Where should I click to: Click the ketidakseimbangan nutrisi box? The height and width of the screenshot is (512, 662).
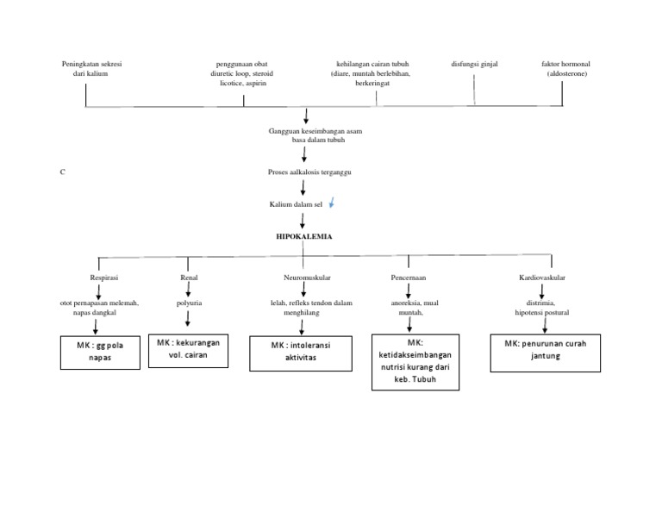415,362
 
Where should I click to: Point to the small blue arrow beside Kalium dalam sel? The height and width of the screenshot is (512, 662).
333,203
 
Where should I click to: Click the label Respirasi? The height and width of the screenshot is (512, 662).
101,278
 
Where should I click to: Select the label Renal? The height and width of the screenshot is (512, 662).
189,278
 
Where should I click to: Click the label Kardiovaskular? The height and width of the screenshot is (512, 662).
542,278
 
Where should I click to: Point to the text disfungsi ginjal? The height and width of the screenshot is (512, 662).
474,64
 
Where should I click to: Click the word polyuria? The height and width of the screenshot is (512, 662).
189,303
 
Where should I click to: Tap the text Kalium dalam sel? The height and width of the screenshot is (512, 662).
295,204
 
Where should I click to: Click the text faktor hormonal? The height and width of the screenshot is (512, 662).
565,64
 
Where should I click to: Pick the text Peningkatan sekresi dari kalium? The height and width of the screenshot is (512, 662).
90,69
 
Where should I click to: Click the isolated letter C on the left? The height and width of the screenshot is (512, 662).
62,172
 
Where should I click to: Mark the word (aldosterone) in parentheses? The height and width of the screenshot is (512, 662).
567,74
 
